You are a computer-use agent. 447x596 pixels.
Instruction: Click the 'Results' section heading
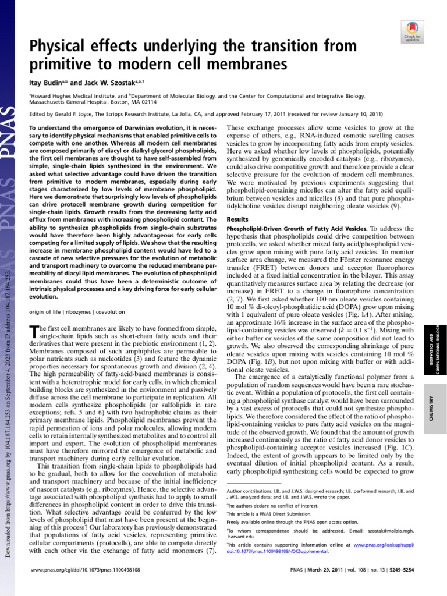(237, 219)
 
